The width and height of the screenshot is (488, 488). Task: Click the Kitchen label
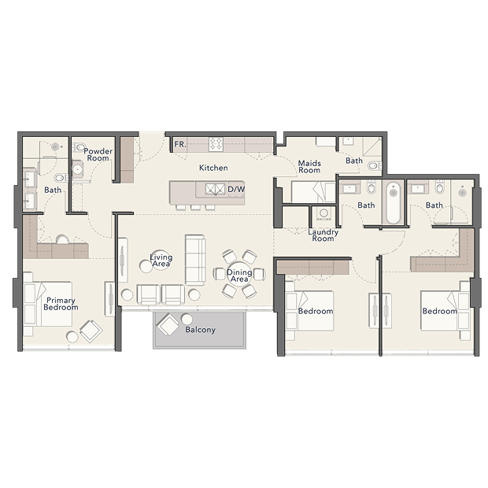click(213, 168)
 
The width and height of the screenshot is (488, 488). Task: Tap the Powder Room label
click(98, 155)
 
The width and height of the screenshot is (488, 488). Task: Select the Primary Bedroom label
click(61, 304)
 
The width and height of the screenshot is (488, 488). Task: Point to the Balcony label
click(200, 330)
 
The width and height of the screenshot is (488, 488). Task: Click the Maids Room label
click(309, 167)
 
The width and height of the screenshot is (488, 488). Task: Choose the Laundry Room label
click(323, 235)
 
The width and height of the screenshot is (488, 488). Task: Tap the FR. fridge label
click(180, 144)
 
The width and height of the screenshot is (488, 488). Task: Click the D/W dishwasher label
click(236, 189)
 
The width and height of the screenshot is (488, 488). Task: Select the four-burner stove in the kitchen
click(216, 144)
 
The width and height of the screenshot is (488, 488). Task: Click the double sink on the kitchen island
click(215, 189)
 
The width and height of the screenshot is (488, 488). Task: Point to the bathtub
click(393, 202)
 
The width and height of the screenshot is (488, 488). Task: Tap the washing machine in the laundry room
click(323, 213)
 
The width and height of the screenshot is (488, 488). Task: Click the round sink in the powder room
click(77, 169)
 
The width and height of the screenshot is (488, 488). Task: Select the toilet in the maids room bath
click(374, 165)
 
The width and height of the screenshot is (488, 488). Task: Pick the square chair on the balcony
click(168, 324)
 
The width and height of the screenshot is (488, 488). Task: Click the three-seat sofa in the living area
click(195, 260)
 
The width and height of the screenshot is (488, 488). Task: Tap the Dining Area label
click(239, 275)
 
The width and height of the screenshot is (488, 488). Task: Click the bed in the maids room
click(312, 192)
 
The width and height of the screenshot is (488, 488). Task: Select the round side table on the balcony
click(187, 320)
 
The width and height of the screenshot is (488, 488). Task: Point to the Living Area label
click(161, 261)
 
